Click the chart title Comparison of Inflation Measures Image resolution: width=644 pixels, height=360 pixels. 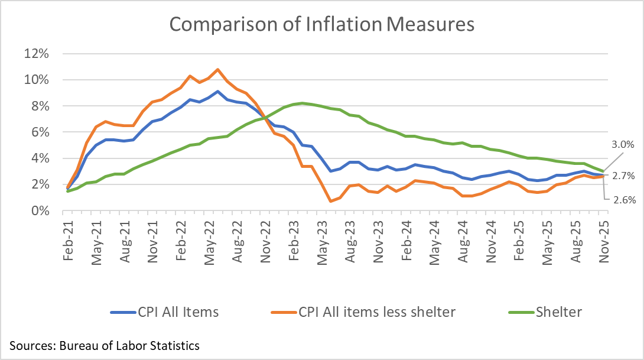322,24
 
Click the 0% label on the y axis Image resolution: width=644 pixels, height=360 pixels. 43,210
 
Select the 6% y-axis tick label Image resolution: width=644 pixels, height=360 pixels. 43,132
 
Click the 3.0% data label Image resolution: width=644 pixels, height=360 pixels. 623,144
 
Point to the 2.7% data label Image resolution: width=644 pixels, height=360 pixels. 623,175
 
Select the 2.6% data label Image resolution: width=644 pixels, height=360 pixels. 623,200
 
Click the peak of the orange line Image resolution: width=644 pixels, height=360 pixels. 218,70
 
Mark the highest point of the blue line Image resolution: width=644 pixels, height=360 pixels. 218,92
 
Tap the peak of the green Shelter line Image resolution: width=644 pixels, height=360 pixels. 302,103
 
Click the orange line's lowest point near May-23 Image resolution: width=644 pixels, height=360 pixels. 331,202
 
